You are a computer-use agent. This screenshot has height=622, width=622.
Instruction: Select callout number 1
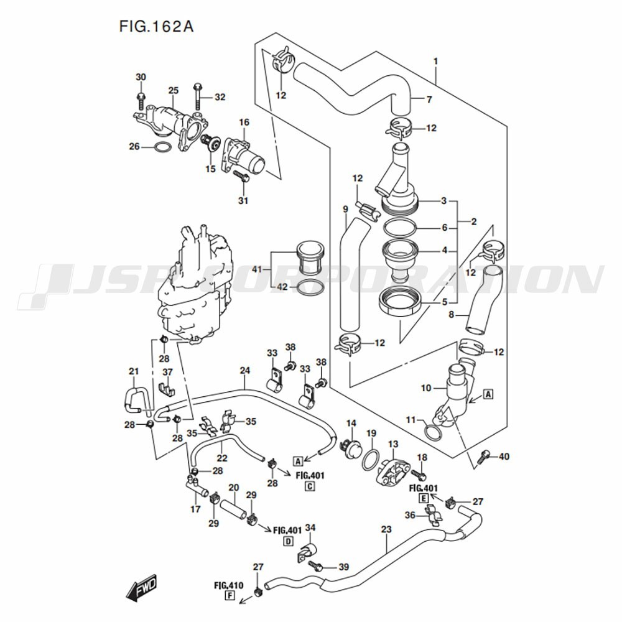pyautogui.click(x=436, y=62)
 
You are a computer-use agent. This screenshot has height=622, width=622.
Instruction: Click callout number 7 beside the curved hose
pyautogui.click(x=429, y=100)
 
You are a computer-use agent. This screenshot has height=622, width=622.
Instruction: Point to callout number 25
pyautogui.click(x=173, y=91)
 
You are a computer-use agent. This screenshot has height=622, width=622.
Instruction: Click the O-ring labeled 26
pyautogui.click(x=162, y=147)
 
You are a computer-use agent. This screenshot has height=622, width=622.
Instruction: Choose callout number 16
pyautogui.click(x=243, y=122)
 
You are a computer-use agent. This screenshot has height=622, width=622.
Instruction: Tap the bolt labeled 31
pyautogui.click(x=241, y=177)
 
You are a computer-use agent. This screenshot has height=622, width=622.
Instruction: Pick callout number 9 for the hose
pyautogui.click(x=346, y=210)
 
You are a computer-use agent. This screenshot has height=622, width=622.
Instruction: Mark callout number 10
pyautogui.click(x=426, y=388)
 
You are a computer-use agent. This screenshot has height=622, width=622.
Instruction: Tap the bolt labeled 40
pyautogui.click(x=485, y=458)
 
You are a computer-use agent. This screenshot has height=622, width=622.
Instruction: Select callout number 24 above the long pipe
pyautogui.click(x=245, y=371)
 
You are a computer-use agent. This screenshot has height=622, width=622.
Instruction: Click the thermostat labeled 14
pyautogui.click(x=353, y=447)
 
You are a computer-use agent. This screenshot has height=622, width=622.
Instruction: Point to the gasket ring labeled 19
pyautogui.click(x=371, y=458)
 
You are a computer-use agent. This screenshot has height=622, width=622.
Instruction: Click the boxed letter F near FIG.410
pyautogui.click(x=231, y=596)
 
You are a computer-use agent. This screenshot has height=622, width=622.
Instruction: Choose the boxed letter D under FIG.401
pyautogui.click(x=289, y=541)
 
